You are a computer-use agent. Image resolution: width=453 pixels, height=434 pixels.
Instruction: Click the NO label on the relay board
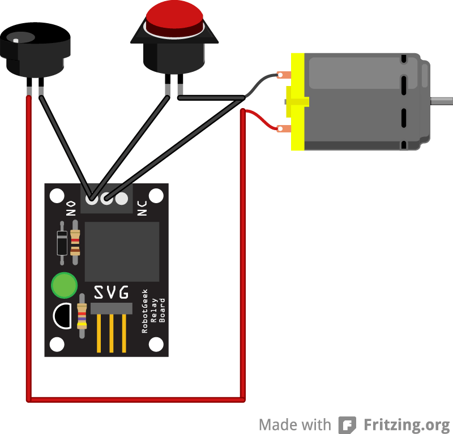(x=71, y=209)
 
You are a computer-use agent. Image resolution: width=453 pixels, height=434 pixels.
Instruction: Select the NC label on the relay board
(x=142, y=208)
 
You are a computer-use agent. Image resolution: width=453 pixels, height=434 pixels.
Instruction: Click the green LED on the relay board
(x=64, y=285)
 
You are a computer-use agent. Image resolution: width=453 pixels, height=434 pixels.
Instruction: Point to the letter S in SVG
(x=99, y=293)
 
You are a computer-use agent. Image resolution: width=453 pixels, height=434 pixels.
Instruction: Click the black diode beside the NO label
(x=62, y=244)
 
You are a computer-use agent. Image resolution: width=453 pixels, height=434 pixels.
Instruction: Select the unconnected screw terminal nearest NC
(x=121, y=199)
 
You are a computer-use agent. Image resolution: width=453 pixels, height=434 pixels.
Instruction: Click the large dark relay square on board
(x=122, y=251)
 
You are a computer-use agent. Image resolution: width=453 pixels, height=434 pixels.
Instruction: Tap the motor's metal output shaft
(x=442, y=101)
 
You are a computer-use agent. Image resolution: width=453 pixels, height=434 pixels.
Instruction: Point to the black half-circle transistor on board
(x=63, y=316)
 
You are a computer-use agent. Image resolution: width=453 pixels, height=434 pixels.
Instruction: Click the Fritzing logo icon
(x=347, y=424)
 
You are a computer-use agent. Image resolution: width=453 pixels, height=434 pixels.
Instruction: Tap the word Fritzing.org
(x=406, y=424)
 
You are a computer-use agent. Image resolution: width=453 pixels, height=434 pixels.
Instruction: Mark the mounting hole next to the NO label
(x=57, y=196)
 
